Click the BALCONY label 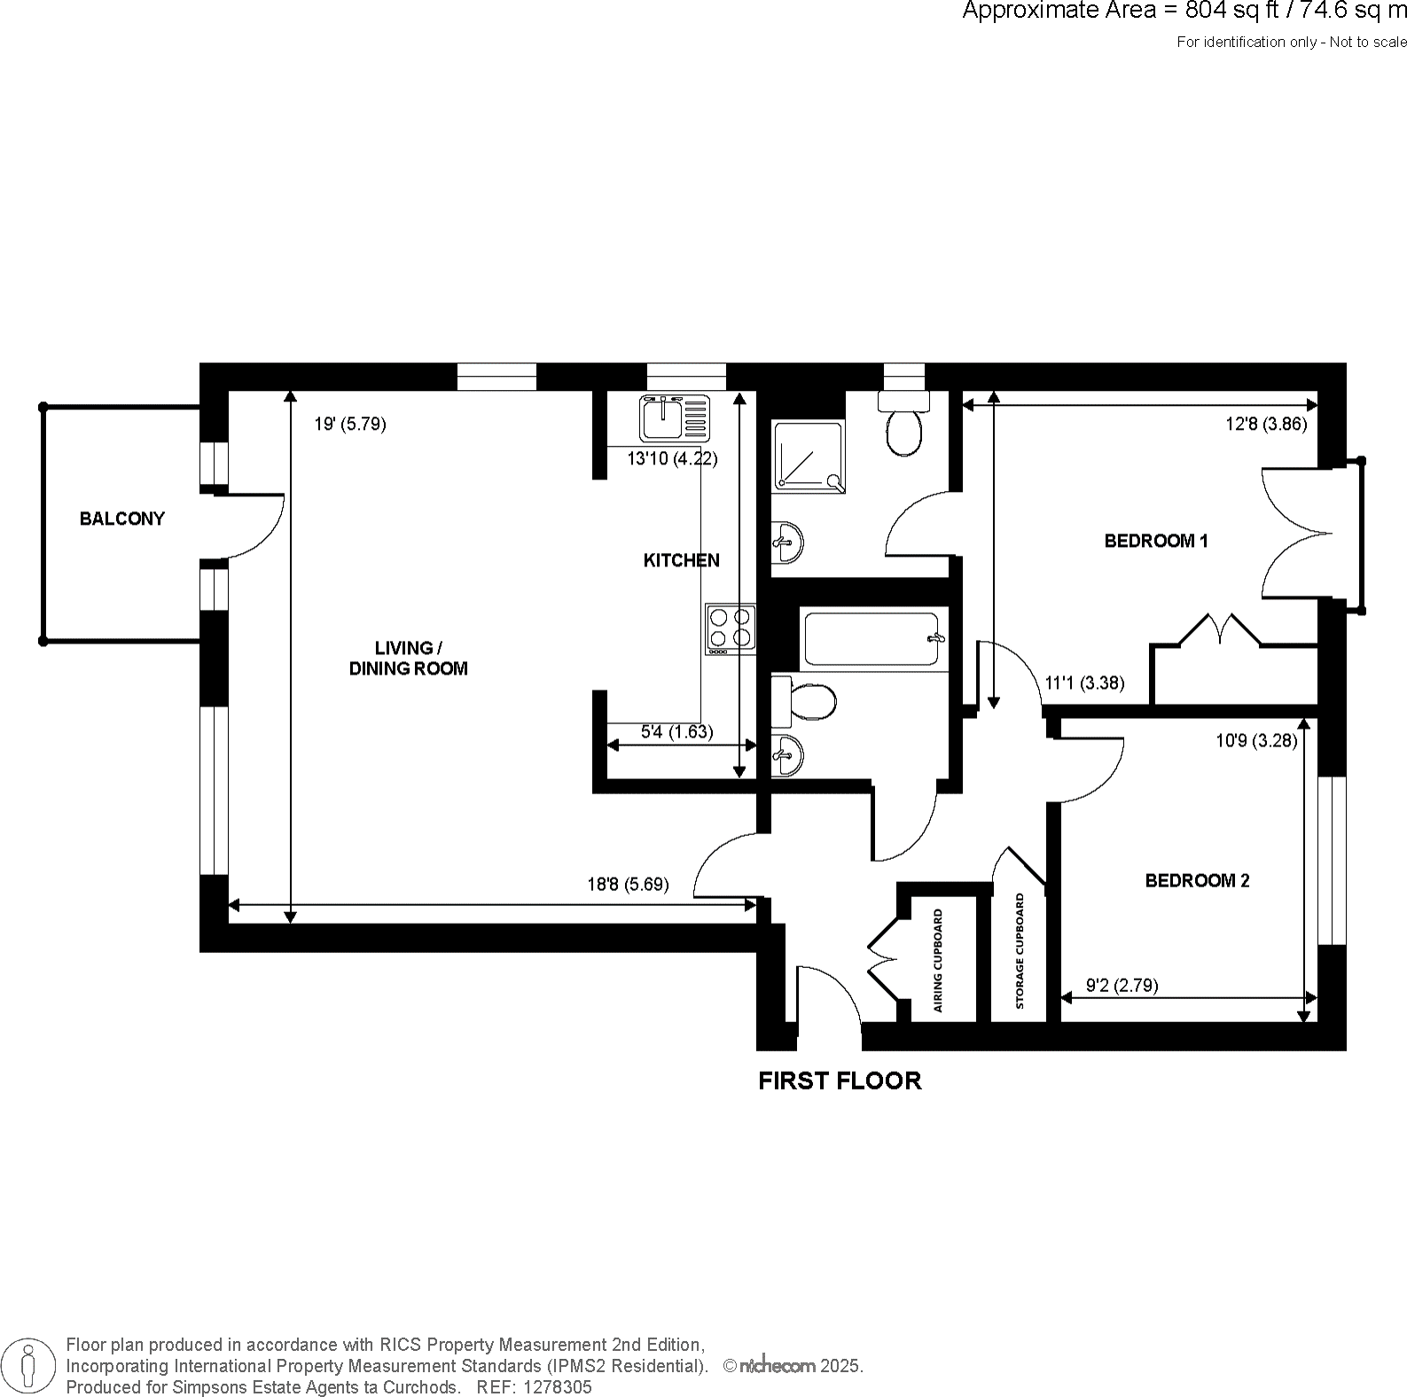tap(122, 519)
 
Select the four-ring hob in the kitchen tap(731, 628)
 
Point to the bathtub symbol tap(872, 638)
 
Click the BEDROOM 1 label tap(1155, 541)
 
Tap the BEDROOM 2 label tap(1197, 880)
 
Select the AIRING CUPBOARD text tap(938, 961)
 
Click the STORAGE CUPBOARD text tap(1020, 952)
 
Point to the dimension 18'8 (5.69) tap(628, 885)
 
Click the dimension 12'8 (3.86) tap(1266, 425)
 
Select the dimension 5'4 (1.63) tap(676, 732)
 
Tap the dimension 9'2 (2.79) tap(1122, 985)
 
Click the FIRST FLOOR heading tap(840, 1081)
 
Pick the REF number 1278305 tap(559, 1387)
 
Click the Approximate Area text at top tap(1184, 12)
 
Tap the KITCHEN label tap(681, 560)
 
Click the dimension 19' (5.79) tap(349, 425)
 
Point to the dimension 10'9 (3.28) tap(1256, 741)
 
